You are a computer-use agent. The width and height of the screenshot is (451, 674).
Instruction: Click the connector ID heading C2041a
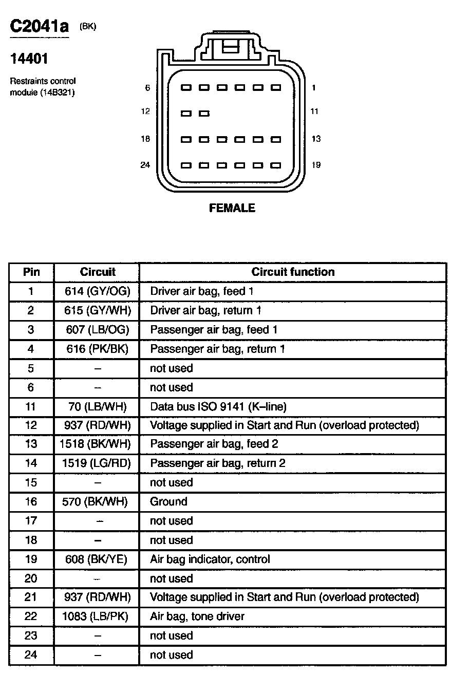pos(39,26)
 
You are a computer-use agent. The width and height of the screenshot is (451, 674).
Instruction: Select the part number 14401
pos(29,59)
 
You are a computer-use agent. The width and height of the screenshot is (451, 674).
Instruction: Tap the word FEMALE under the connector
pos(232,208)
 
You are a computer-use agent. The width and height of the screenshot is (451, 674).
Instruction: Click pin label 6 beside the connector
pos(147,88)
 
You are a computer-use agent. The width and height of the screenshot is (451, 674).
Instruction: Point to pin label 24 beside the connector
pos(145,165)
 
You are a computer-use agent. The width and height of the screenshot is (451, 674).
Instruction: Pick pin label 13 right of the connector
pos(316,139)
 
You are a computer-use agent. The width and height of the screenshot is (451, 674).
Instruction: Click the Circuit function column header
pos(293,272)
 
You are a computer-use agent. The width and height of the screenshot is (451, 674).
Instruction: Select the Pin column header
pos(31,272)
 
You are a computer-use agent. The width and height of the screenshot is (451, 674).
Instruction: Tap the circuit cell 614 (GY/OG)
pos(98,291)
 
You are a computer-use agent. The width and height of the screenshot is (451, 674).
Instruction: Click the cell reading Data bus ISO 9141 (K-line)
pos(218,407)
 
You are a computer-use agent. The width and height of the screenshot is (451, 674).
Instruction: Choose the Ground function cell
pos(168,501)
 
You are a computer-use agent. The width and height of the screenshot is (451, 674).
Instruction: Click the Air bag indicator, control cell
pos(210,559)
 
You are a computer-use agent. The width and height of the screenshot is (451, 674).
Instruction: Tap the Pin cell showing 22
pos(31,616)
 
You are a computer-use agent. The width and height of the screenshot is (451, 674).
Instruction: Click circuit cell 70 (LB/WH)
pos(98,407)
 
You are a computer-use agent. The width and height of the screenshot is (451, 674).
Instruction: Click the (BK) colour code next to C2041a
pos(88,27)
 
